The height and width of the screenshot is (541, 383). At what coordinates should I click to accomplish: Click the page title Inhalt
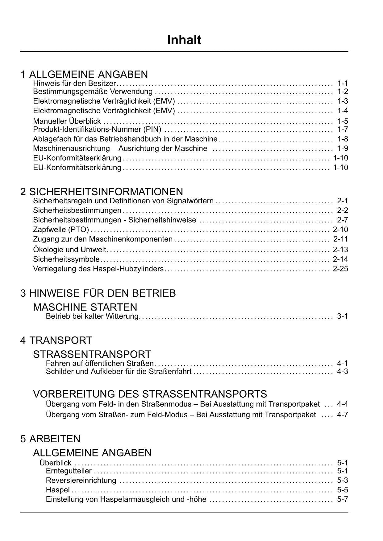[x=184, y=40]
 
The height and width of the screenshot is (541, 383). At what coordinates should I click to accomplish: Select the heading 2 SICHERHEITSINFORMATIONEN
[x=102, y=192]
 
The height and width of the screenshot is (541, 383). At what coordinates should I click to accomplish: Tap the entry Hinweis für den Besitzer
[x=74, y=83]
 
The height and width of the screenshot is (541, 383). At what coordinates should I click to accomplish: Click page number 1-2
[x=342, y=91]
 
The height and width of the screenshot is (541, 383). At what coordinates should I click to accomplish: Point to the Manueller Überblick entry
[x=67, y=121]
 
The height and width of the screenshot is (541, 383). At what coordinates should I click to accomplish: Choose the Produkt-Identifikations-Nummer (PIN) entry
[x=97, y=129]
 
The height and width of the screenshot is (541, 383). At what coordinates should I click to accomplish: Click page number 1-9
[x=342, y=148]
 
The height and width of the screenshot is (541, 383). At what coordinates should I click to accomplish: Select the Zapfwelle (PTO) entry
[x=61, y=229]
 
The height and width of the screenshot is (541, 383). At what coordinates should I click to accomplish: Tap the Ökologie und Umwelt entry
[x=69, y=249]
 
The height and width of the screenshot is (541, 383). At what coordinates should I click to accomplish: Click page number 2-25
[x=340, y=269]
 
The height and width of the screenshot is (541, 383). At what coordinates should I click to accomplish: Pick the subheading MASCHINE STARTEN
[x=85, y=307]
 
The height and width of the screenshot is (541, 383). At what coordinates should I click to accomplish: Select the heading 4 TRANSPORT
[x=56, y=340]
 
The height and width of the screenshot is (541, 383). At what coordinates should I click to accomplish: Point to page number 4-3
[x=342, y=371]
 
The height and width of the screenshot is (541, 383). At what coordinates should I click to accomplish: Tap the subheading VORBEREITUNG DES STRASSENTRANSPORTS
[x=150, y=394]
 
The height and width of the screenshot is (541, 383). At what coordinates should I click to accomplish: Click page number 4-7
[x=342, y=415]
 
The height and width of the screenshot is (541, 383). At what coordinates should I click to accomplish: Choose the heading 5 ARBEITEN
[x=50, y=439]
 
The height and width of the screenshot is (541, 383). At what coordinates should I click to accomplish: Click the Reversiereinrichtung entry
[x=81, y=480]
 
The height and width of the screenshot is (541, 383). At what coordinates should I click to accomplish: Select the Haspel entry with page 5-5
[x=58, y=490]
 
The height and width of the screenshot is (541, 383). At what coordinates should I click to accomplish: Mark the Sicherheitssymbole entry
[x=66, y=259]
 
